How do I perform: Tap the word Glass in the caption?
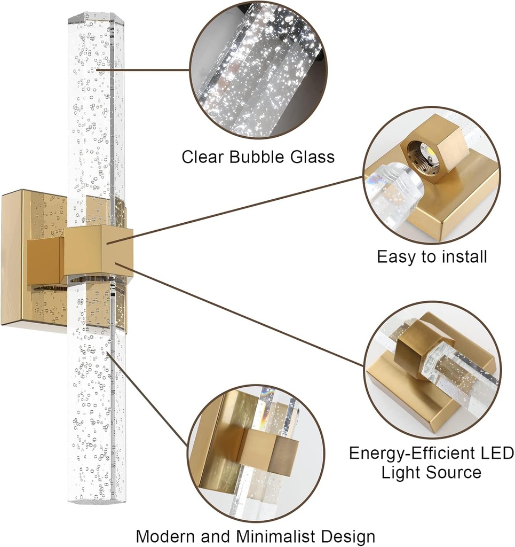pos(312,157)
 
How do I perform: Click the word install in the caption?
pos(461,257)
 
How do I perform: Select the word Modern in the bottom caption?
pos(166,536)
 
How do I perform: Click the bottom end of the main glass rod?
pos(96,499)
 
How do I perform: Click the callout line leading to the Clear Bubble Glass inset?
pos(144,69)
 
